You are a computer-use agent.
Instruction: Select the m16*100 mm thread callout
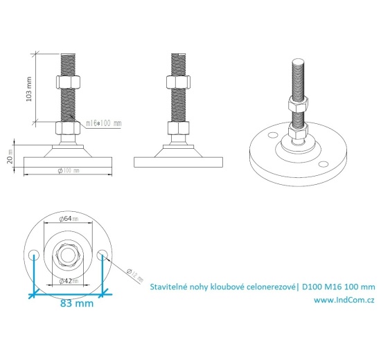[104, 123]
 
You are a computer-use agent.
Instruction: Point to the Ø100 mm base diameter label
[67, 170]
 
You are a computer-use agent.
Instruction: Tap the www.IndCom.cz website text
[344, 300]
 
